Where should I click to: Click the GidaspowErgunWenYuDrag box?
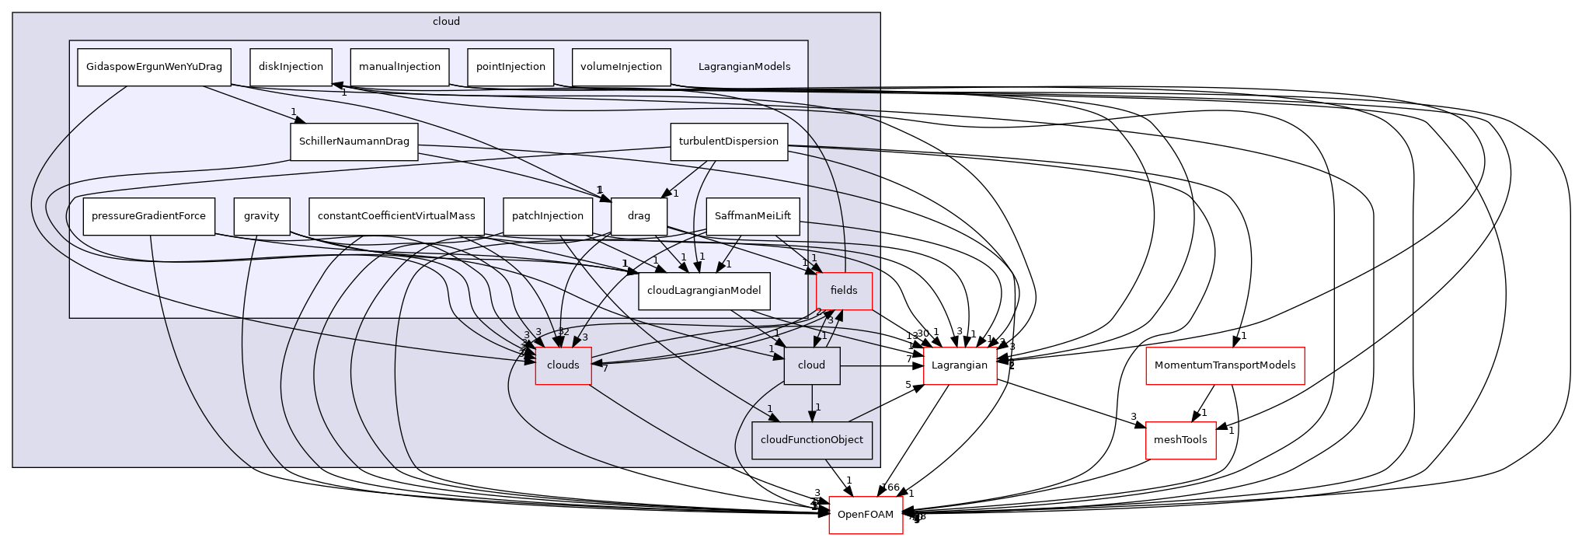(154, 67)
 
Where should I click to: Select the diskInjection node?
(291, 67)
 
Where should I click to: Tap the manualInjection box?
(399, 67)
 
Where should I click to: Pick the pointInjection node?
(510, 67)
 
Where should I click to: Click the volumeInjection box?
(621, 67)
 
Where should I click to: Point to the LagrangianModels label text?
(744, 67)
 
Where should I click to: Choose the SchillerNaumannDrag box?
(354, 141)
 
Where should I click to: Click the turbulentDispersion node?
(728, 141)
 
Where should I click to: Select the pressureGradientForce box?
(148, 216)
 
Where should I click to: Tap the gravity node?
(261, 216)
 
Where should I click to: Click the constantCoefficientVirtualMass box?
(396, 216)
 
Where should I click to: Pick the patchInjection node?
(547, 216)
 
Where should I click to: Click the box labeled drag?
(639, 216)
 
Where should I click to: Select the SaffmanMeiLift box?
(752, 216)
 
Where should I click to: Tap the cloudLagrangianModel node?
(704, 291)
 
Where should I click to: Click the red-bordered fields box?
(844, 291)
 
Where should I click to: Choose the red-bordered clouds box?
(563, 365)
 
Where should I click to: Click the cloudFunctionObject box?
(811, 440)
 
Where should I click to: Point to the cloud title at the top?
(446, 22)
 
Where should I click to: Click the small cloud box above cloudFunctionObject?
(811, 365)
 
